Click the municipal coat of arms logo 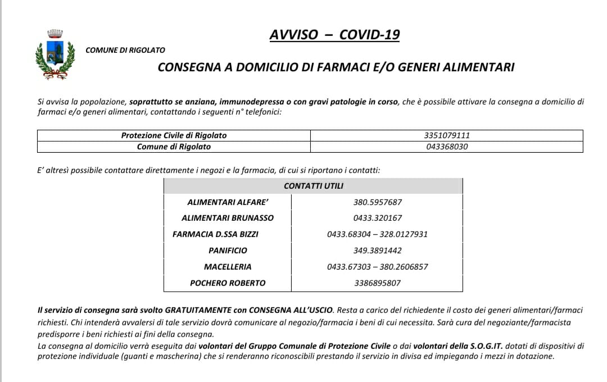(55, 54)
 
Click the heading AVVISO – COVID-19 (334, 35)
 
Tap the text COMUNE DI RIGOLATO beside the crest (125, 50)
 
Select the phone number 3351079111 (447, 135)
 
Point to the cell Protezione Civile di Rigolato (174, 135)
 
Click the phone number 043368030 (447, 147)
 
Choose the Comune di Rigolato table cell (174, 147)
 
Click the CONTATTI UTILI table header (313, 185)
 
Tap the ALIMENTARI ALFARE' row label (228, 202)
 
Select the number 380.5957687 (378, 202)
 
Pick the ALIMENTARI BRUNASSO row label (228, 218)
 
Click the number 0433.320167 (378, 218)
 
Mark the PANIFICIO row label (228, 251)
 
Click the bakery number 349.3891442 (378, 251)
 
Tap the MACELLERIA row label (228, 267)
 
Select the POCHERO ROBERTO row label (228, 283)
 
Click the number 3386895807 (378, 283)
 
